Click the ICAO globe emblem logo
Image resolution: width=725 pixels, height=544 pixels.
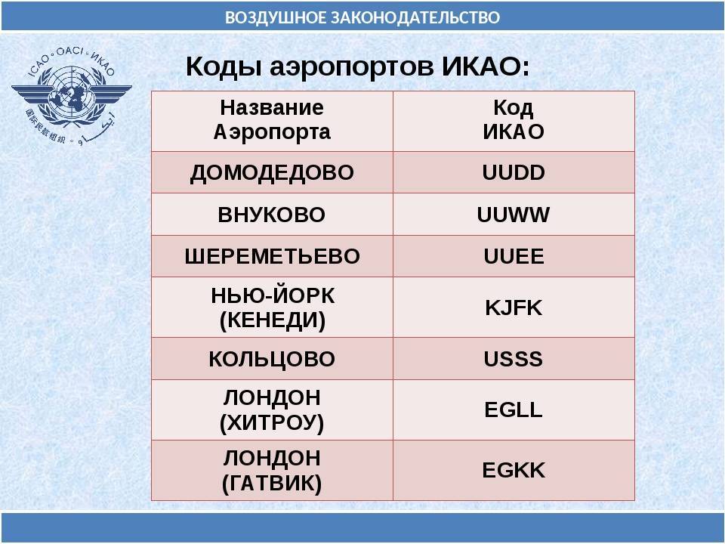pos(72,96)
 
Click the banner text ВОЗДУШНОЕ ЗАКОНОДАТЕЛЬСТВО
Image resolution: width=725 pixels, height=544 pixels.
pos(362,17)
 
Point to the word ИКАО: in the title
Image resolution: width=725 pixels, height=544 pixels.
pos(486,66)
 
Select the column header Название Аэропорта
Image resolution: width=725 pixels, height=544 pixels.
pos(272,120)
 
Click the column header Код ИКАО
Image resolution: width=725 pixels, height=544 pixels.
pos(514,120)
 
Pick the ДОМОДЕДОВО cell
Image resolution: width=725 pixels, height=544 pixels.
pos(272,173)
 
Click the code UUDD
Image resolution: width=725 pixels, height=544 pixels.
pos(514,172)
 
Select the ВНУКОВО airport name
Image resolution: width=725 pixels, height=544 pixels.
pos(272,215)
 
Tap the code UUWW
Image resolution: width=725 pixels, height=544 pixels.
pos(514,215)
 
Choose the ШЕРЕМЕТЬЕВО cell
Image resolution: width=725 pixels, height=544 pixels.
pos(272,256)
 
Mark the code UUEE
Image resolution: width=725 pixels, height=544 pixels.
pos(514,256)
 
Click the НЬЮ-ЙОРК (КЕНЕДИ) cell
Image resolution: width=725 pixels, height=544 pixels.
pos(273,308)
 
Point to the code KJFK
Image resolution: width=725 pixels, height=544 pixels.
pos(514,308)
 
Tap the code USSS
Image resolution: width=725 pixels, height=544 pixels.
pos(514,359)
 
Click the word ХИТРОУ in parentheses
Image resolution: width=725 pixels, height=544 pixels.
pos(272,423)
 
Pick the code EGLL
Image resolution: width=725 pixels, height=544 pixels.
pos(514,410)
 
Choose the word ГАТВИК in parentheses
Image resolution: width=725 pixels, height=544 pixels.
pos(272,484)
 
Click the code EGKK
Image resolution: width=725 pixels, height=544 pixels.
pos(514,471)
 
